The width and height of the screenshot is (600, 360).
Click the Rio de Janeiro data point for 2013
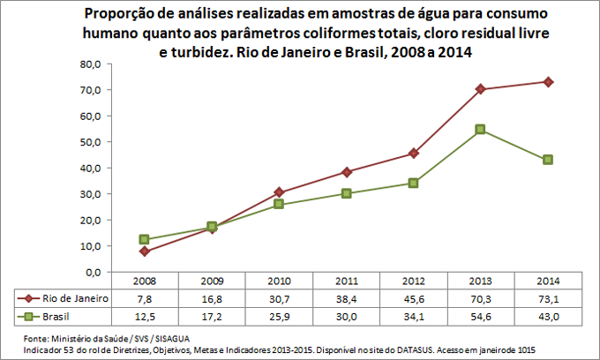(481, 89)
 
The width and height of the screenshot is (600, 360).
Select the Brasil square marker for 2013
(481, 130)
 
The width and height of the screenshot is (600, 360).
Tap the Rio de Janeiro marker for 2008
(145, 251)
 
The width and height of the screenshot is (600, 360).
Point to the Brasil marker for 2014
(548, 160)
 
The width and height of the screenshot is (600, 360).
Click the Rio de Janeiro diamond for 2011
(347, 172)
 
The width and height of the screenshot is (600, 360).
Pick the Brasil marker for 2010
(280, 204)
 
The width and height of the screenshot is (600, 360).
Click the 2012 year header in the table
(414, 281)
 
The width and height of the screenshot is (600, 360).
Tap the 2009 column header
(212, 281)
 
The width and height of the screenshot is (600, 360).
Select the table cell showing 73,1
(548, 299)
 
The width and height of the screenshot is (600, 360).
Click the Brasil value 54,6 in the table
(481, 317)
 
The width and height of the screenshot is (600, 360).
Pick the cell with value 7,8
(145, 299)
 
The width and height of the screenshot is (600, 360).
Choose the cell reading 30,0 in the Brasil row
(347, 317)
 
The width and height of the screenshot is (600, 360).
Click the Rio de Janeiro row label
(75, 299)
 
